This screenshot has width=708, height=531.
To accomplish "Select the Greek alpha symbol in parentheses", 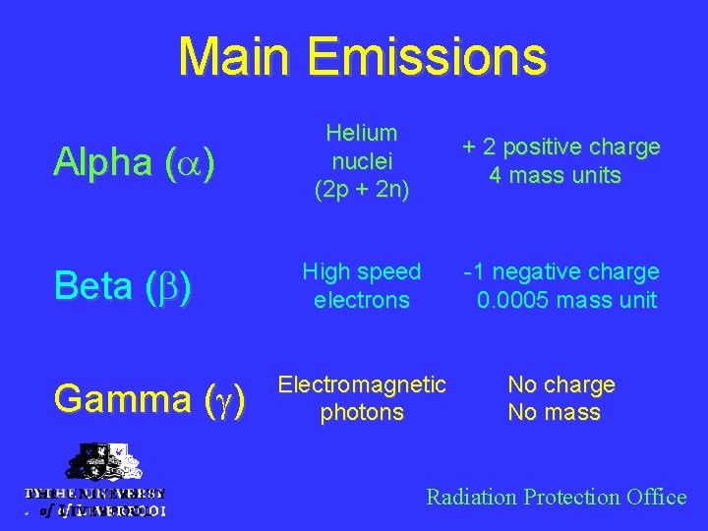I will [x=184, y=163].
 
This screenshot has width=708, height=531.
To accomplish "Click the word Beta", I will [x=93, y=286].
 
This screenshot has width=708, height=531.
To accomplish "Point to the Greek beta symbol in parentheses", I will [x=172, y=287].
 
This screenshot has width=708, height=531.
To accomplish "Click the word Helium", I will [x=361, y=133].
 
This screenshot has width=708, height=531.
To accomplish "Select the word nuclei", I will [x=361, y=161].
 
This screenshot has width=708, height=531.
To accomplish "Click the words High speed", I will [x=361, y=271].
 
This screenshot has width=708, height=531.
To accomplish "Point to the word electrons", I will [x=361, y=300].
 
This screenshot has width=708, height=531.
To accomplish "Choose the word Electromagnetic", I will [x=361, y=384].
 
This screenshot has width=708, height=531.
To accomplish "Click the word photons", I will [x=361, y=413].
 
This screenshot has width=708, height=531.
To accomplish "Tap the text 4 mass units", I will [x=556, y=176].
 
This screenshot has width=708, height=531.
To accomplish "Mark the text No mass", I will [x=554, y=413].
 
